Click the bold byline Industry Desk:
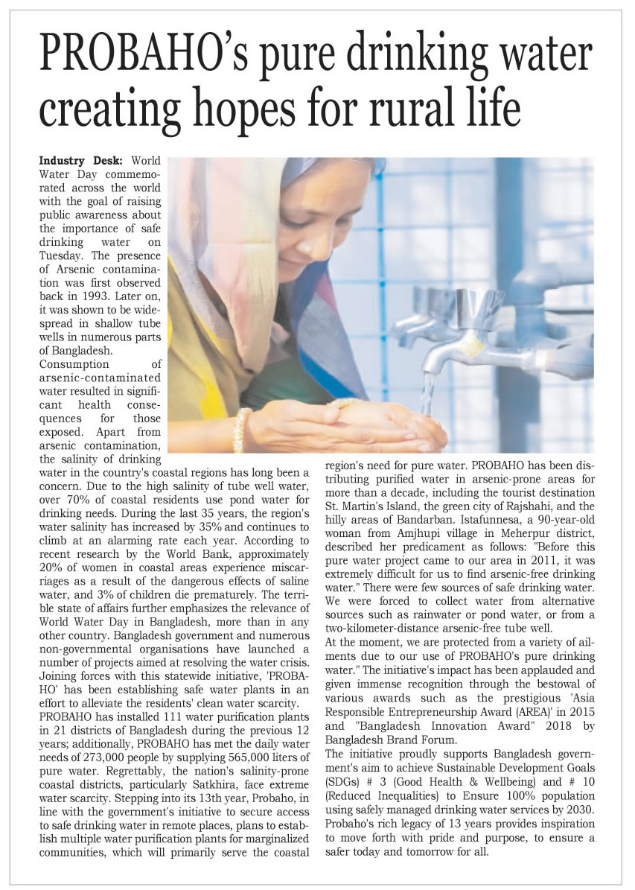(82, 162)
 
